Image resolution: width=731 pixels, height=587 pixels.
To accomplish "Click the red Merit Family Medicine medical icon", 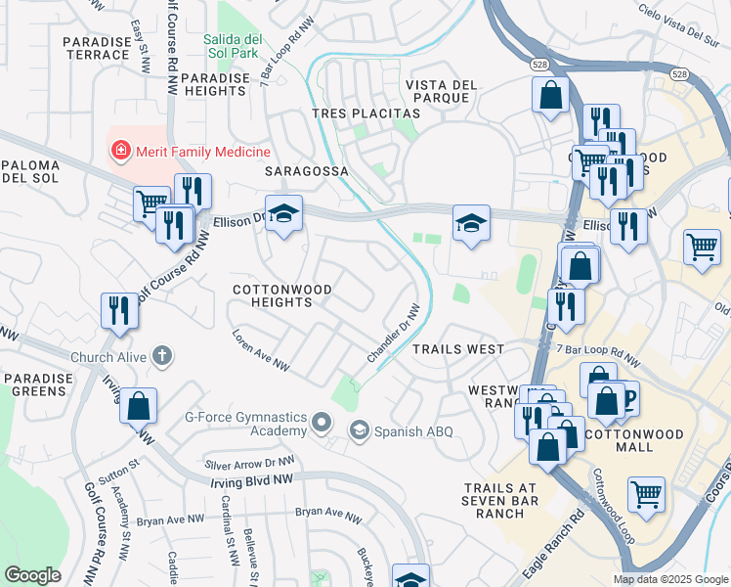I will (120, 152).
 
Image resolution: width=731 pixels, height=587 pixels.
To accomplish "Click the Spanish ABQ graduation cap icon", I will (360, 430).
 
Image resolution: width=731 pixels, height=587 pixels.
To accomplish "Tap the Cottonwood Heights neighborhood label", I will (281, 296).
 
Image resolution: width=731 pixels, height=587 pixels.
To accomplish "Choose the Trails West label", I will (457, 349).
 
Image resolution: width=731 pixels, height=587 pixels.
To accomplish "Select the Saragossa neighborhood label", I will (307, 170).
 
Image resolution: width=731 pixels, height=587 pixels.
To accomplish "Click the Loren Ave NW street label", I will (261, 350).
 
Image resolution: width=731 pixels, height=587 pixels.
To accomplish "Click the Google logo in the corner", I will (32, 574).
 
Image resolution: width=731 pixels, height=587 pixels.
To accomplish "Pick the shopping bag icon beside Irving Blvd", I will (139, 405).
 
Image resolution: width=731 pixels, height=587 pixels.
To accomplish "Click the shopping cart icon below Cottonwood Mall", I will (646, 494).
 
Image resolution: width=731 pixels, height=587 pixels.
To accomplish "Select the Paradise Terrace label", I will (96, 48).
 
